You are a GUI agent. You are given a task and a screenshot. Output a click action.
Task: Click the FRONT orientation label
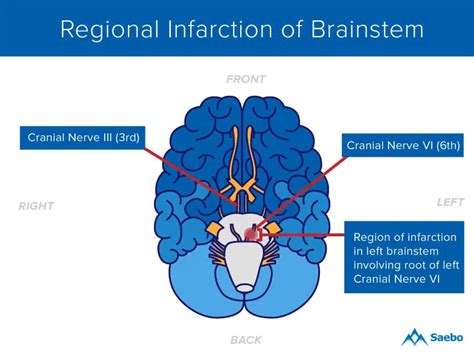(x=246, y=79)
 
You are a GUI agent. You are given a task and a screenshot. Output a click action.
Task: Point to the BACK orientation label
(x=246, y=338)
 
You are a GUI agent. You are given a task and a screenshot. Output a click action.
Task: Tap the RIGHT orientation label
(x=36, y=206)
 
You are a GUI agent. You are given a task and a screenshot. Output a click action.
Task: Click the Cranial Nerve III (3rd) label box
(x=85, y=137)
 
